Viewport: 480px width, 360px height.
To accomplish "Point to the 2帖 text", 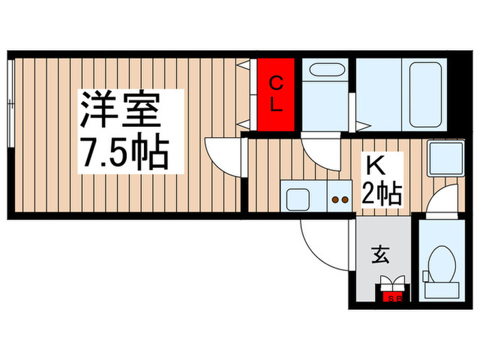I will pyautogui.click(x=381, y=193).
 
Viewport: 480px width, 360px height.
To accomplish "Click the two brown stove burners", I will pyautogui.click(x=339, y=200).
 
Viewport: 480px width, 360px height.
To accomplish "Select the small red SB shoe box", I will pyautogui.click(x=393, y=297).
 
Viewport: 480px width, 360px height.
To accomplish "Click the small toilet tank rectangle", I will pyautogui.click(x=424, y=276).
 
